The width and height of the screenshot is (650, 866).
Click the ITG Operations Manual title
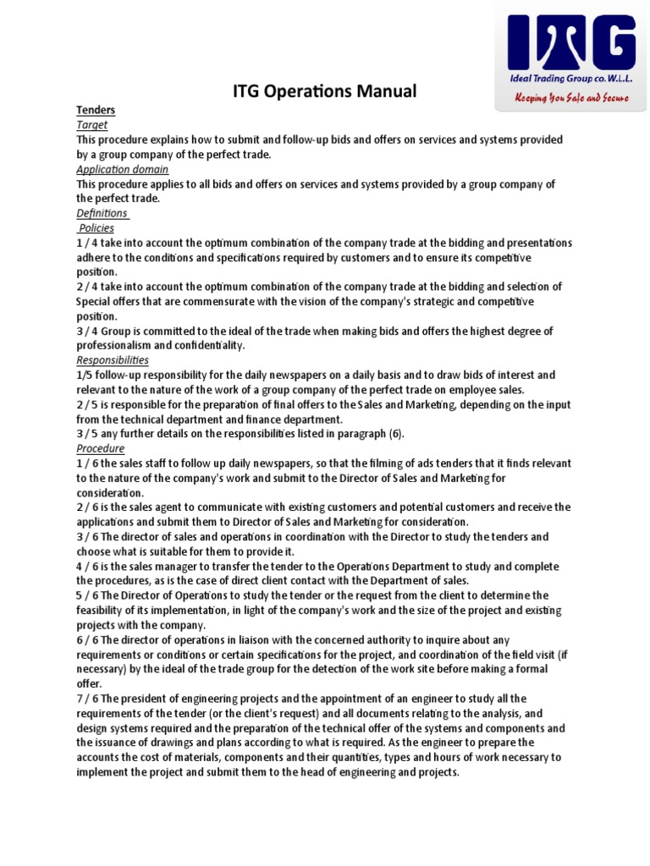pyautogui.click(x=325, y=91)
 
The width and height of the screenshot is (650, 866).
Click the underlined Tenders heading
pyautogui.click(x=96, y=110)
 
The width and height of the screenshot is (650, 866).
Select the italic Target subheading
pyautogui.click(x=91, y=124)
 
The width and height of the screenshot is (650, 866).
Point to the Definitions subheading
pyautogui.click(x=102, y=213)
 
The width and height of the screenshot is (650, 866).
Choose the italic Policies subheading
pyautogui.click(x=97, y=228)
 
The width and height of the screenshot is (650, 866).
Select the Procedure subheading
pyautogui.click(x=100, y=448)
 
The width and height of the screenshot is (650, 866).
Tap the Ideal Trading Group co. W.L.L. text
pyautogui.click(x=570, y=79)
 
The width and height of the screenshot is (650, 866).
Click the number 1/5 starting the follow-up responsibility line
pyautogui.click(x=85, y=375)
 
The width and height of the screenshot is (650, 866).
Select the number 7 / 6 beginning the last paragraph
pyautogui.click(x=87, y=699)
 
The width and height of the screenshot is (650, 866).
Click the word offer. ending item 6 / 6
pyautogui.click(x=89, y=683)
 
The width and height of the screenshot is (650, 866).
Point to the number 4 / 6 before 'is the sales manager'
pyautogui.click(x=87, y=566)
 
